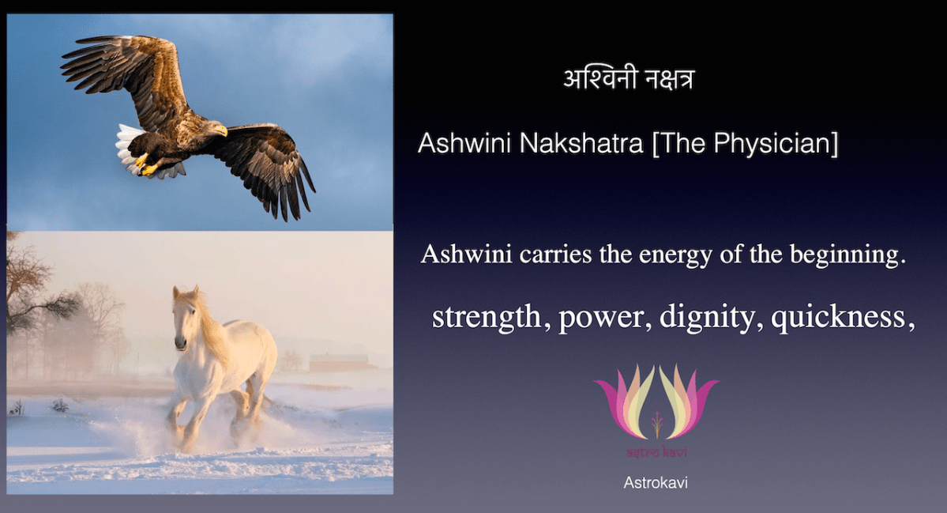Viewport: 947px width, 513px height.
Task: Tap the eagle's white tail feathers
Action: (128, 147)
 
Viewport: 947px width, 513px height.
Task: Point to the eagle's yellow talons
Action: (145, 164)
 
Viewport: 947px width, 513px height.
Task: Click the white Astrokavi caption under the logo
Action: (656, 482)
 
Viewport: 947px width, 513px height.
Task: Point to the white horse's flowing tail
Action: (269, 399)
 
